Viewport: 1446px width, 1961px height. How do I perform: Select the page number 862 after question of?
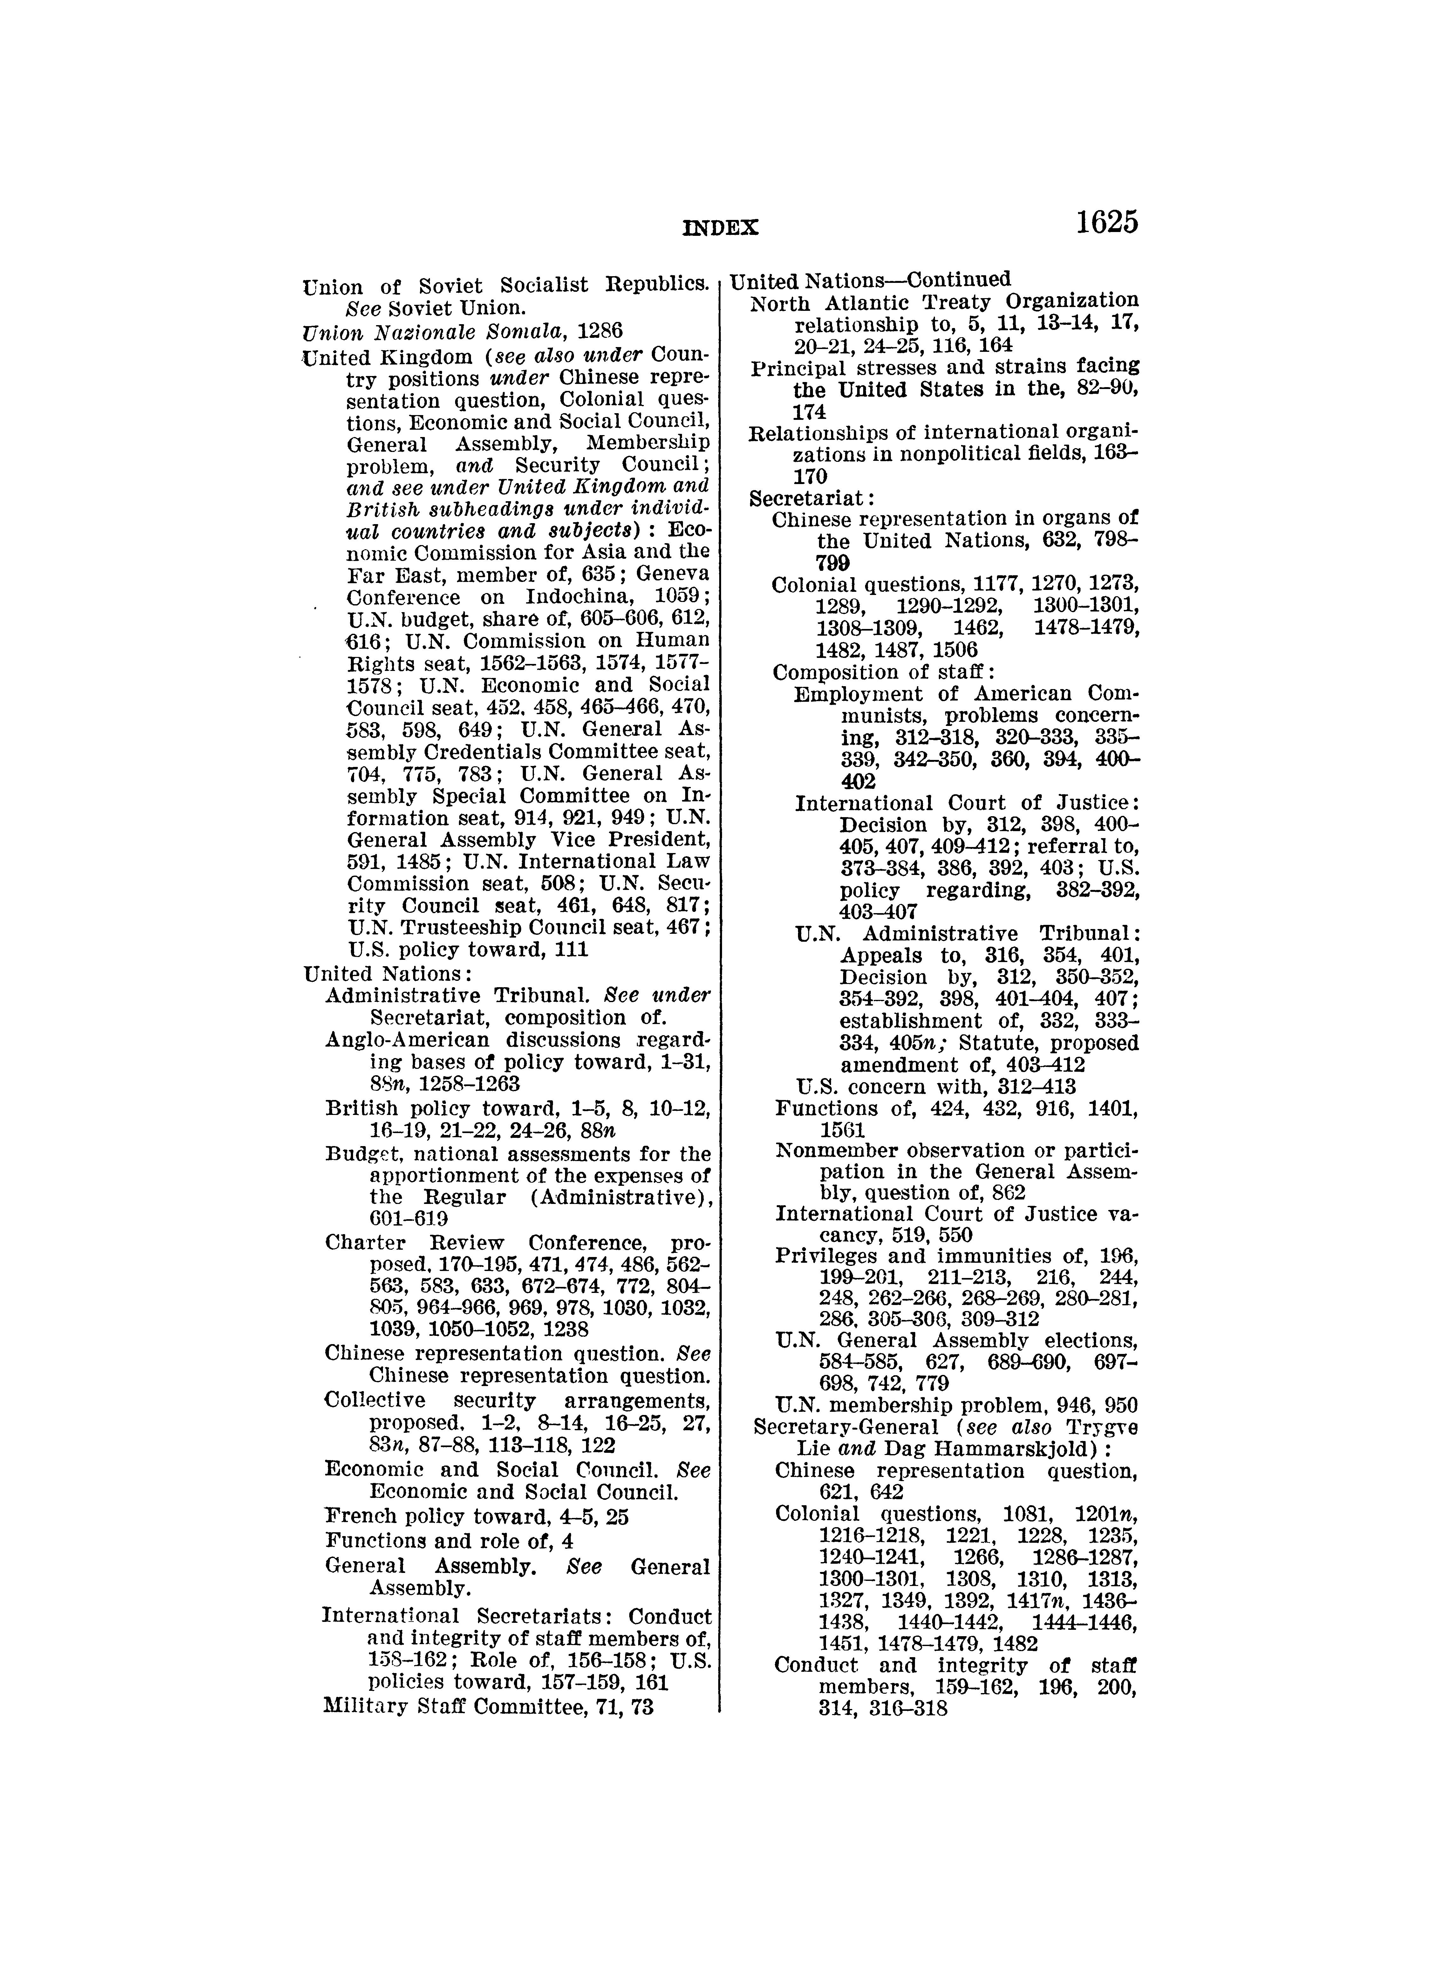(1006, 1192)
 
